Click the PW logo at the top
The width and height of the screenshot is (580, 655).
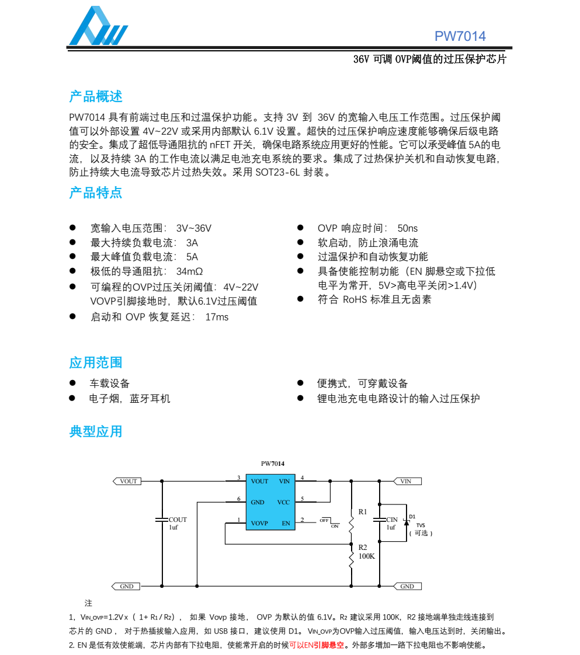click(98, 27)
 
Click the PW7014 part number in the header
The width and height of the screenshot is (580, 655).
click(460, 36)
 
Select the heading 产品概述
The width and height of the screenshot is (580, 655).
click(96, 97)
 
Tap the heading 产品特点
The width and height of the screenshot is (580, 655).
click(96, 193)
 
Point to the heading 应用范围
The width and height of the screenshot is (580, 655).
click(96, 363)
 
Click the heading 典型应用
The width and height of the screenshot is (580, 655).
click(96, 431)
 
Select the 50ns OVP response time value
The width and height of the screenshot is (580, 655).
click(408, 228)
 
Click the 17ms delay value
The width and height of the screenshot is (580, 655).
click(217, 317)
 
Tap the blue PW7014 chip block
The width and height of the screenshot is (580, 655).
click(270, 502)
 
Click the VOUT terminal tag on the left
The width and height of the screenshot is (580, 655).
click(127, 482)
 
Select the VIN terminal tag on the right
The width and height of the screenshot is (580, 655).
click(407, 482)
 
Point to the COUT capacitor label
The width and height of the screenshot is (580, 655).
click(178, 520)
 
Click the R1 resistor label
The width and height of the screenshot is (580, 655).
click(363, 511)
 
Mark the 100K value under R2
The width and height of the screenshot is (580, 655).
click(367, 556)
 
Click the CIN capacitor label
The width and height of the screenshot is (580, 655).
click(392, 520)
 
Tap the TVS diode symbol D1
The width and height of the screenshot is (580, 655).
click(407, 522)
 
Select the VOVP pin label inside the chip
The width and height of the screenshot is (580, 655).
click(259, 523)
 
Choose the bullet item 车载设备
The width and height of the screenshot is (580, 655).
click(109, 384)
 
